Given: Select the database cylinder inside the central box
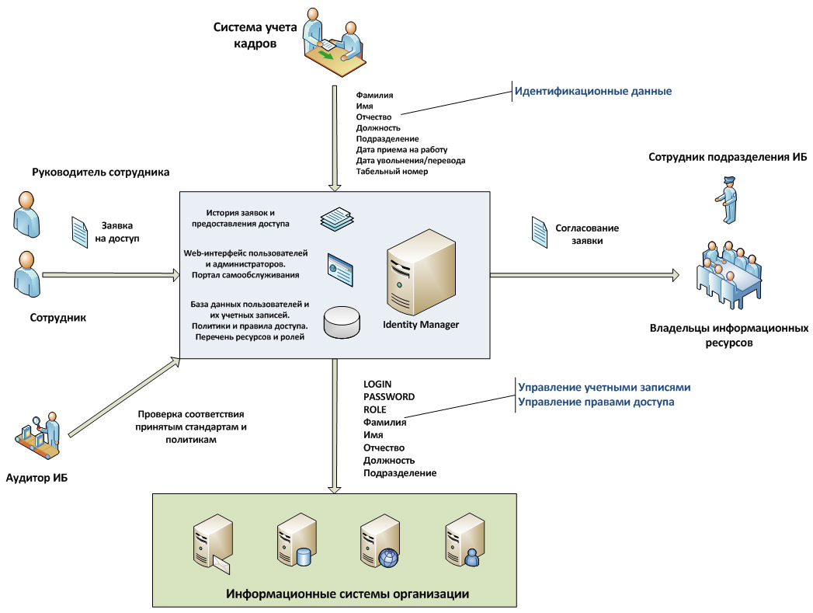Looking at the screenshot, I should point(342,322).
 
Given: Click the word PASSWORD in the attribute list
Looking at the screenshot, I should point(389,396).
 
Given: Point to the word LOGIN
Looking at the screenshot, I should point(377,384).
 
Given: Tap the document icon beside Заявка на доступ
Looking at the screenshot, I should point(80,232).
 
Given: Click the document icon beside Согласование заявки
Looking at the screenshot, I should point(540,230).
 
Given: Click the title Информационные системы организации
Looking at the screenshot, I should point(348,594).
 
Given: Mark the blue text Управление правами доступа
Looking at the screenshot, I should point(596,402).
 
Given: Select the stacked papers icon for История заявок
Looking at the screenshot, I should point(337,218).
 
